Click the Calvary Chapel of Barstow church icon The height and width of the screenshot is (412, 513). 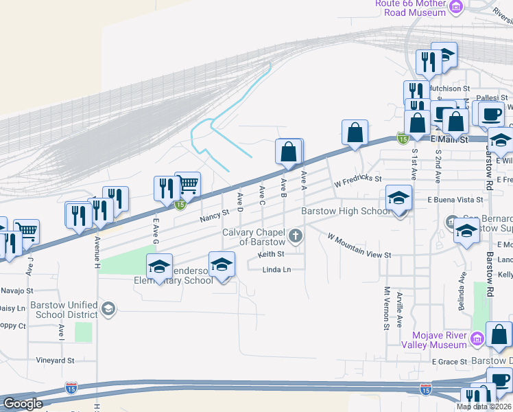tap(296, 237)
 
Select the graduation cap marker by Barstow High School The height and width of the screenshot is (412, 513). tap(398, 198)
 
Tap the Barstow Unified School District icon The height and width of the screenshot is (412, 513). tap(108, 308)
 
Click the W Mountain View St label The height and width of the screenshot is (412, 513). tap(359, 247)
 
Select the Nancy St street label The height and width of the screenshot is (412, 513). tap(214, 218)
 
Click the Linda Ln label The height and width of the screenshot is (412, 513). tap(277, 270)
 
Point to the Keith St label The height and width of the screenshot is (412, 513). tap(272, 254)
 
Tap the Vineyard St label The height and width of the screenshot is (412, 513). tap(56, 360)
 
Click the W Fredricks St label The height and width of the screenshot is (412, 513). tap(357, 181)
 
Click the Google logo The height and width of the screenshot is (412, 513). tap(22, 404)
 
